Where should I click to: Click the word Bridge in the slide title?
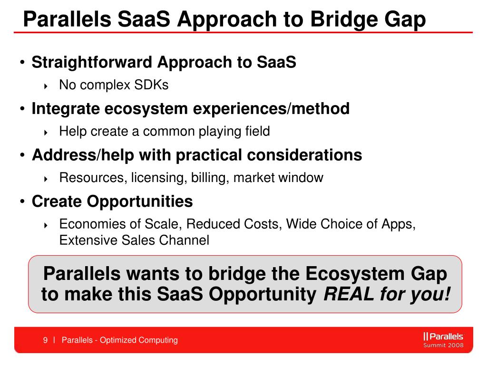click(344, 19)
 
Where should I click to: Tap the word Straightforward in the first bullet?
click(92, 62)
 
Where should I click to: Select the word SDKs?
click(151, 85)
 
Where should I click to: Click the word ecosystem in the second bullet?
click(146, 109)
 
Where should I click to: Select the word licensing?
click(159, 178)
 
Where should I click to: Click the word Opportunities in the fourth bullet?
click(140, 202)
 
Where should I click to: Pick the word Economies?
click(88, 224)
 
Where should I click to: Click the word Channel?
click(184, 240)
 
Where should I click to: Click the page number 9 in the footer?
click(45, 340)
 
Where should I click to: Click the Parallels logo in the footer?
click(443, 336)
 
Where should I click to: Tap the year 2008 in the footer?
click(456, 345)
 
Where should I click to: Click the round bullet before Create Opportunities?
click(22, 202)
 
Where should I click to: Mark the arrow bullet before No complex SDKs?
click(46, 86)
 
